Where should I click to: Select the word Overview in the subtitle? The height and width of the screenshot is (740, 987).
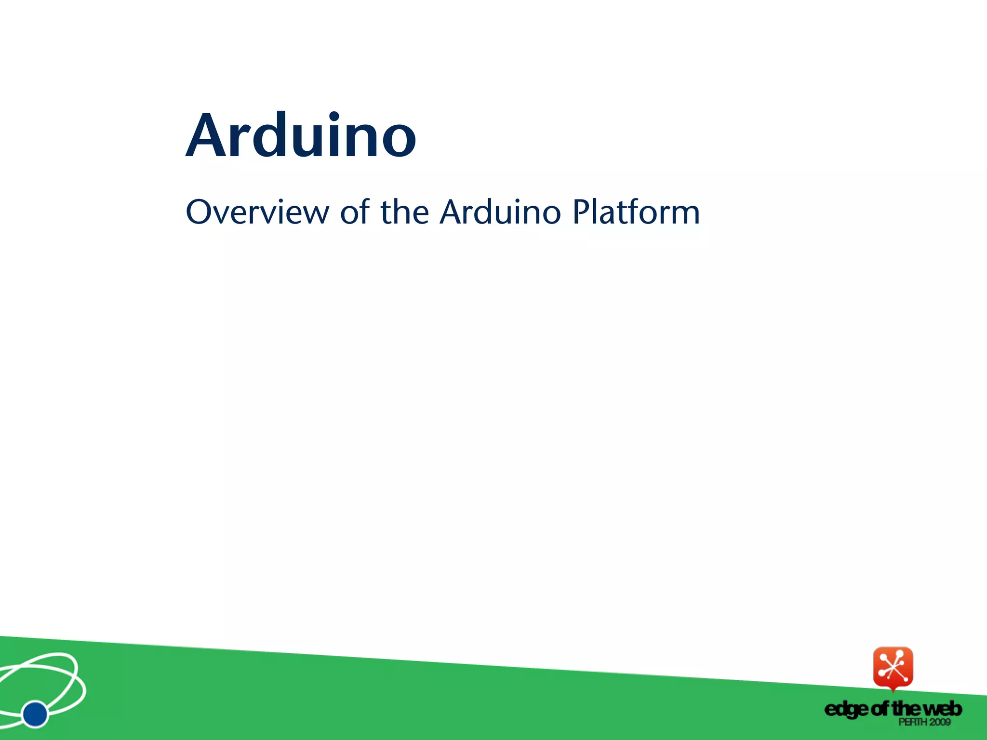tap(257, 212)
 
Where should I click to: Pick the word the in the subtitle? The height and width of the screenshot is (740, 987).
tap(404, 212)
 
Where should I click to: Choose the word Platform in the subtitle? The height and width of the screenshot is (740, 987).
tap(636, 212)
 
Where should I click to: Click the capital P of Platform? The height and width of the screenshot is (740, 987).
tap(582, 212)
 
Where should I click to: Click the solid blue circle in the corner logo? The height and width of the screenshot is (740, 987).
tap(35, 714)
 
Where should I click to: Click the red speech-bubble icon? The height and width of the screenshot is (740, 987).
tap(893, 667)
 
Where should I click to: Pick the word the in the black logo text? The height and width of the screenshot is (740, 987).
tap(907, 709)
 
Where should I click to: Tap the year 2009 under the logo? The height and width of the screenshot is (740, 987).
tap(940, 722)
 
